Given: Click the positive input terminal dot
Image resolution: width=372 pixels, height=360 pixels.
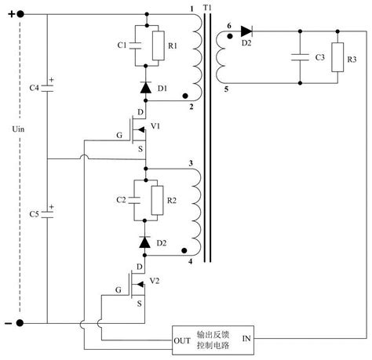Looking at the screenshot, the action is [20, 14].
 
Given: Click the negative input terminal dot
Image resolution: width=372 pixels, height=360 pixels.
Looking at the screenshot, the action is [20, 323].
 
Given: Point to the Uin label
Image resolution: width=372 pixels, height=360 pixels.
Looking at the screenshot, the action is [18, 129].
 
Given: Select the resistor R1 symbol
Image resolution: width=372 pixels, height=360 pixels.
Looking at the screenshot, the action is [159, 45].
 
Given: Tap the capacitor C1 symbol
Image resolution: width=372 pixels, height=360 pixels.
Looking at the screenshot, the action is [135, 45].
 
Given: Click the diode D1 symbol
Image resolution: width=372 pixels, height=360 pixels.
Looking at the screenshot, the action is [146, 88].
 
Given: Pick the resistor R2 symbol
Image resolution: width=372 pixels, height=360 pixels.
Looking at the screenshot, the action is [157, 201].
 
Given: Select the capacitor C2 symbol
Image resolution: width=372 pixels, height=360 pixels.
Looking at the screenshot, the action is [134, 201].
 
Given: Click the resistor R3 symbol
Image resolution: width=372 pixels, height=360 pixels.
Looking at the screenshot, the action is [337, 57].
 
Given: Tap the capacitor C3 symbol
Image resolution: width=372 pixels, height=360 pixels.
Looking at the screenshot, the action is [300, 57].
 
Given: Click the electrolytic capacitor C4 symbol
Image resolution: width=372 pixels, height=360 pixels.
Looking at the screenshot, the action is [47, 88].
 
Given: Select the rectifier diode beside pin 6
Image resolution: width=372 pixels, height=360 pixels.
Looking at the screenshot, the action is [246, 31].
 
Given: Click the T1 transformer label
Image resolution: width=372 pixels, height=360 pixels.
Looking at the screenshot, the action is [207, 7].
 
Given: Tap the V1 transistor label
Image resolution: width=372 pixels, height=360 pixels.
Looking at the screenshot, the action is [155, 126].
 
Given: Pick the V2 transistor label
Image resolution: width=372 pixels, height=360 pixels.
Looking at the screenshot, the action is [155, 281].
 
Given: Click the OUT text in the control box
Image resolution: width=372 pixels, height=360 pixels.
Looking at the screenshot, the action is [182, 340].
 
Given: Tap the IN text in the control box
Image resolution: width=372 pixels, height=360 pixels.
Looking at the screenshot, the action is [246, 339].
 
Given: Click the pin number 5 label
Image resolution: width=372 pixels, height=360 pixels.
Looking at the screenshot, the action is [226, 89].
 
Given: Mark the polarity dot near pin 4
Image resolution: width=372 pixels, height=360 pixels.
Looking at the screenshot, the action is [184, 250].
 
